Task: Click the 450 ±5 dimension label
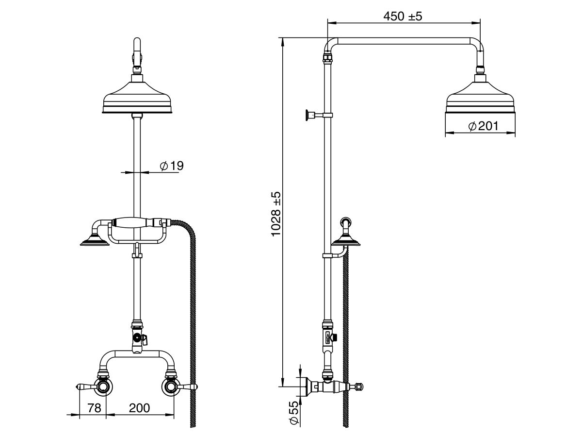402,17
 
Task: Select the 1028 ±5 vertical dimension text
276,214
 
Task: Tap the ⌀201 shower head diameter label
484,126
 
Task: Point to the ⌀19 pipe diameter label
172,166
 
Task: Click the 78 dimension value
94,408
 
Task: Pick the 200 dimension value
140,408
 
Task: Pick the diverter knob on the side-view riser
335,338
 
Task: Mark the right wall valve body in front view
169,387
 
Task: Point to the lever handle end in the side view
359,387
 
